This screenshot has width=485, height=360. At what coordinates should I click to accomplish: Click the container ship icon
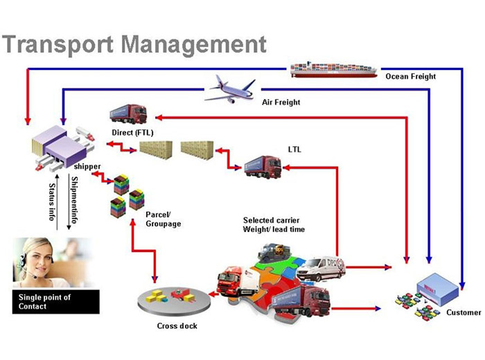click(x=333, y=68)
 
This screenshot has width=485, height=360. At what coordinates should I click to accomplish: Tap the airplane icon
click(x=231, y=89)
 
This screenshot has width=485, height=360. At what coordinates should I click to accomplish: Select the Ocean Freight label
click(x=411, y=77)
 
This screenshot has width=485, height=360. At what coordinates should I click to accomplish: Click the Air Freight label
click(x=281, y=103)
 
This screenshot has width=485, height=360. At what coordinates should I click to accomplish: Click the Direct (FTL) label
click(x=132, y=132)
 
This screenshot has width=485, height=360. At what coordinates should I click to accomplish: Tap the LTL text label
click(x=295, y=149)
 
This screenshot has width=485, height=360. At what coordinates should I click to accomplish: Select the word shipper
click(x=87, y=167)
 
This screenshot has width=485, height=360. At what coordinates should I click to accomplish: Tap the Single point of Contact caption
click(x=44, y=302)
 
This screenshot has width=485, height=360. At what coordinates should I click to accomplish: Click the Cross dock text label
click(x=177, y=326)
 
